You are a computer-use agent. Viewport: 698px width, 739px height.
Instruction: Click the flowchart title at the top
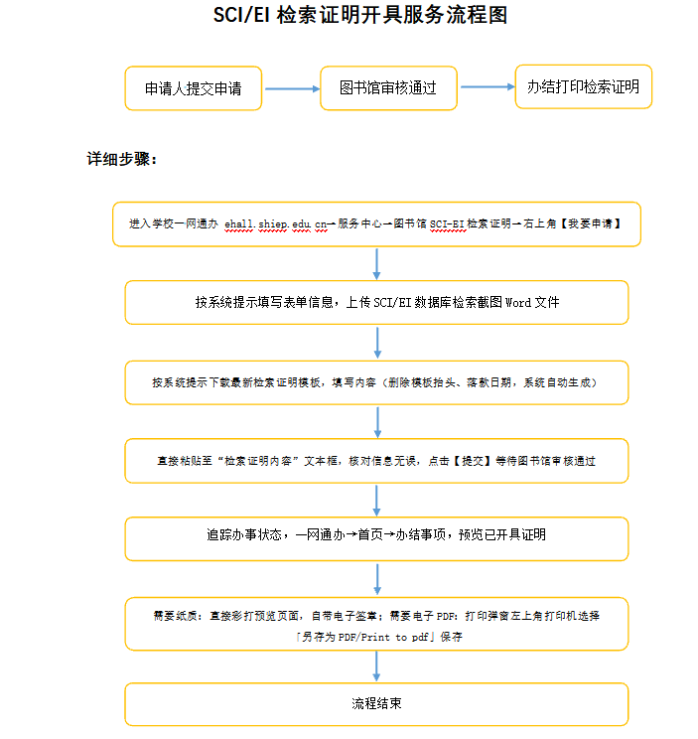360,15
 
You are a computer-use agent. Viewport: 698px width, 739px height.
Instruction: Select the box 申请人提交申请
193,88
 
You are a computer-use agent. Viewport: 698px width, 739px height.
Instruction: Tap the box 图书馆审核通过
388,88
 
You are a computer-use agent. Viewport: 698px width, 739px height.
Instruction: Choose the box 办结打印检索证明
584,86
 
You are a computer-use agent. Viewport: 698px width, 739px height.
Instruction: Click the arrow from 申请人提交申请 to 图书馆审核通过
292,88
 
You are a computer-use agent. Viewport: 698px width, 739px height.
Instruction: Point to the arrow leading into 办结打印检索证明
488,86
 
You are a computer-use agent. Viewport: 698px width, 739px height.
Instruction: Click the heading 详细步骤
122,159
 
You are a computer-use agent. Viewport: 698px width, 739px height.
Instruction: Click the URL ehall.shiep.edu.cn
276,223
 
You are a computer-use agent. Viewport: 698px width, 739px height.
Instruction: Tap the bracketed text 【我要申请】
590,223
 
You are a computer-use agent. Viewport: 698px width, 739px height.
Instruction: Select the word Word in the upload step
518,302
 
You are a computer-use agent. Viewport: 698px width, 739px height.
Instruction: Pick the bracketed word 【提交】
473,461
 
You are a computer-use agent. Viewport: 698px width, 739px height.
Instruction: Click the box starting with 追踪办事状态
376,539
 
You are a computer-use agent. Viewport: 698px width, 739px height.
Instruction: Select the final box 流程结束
376,704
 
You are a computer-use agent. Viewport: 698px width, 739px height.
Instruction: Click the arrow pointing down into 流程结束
376,665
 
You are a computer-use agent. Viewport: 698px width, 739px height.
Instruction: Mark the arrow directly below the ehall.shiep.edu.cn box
376,264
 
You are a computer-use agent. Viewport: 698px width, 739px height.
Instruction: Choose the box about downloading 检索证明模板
376,382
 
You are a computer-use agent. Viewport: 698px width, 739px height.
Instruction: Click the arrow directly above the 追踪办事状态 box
376,500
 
